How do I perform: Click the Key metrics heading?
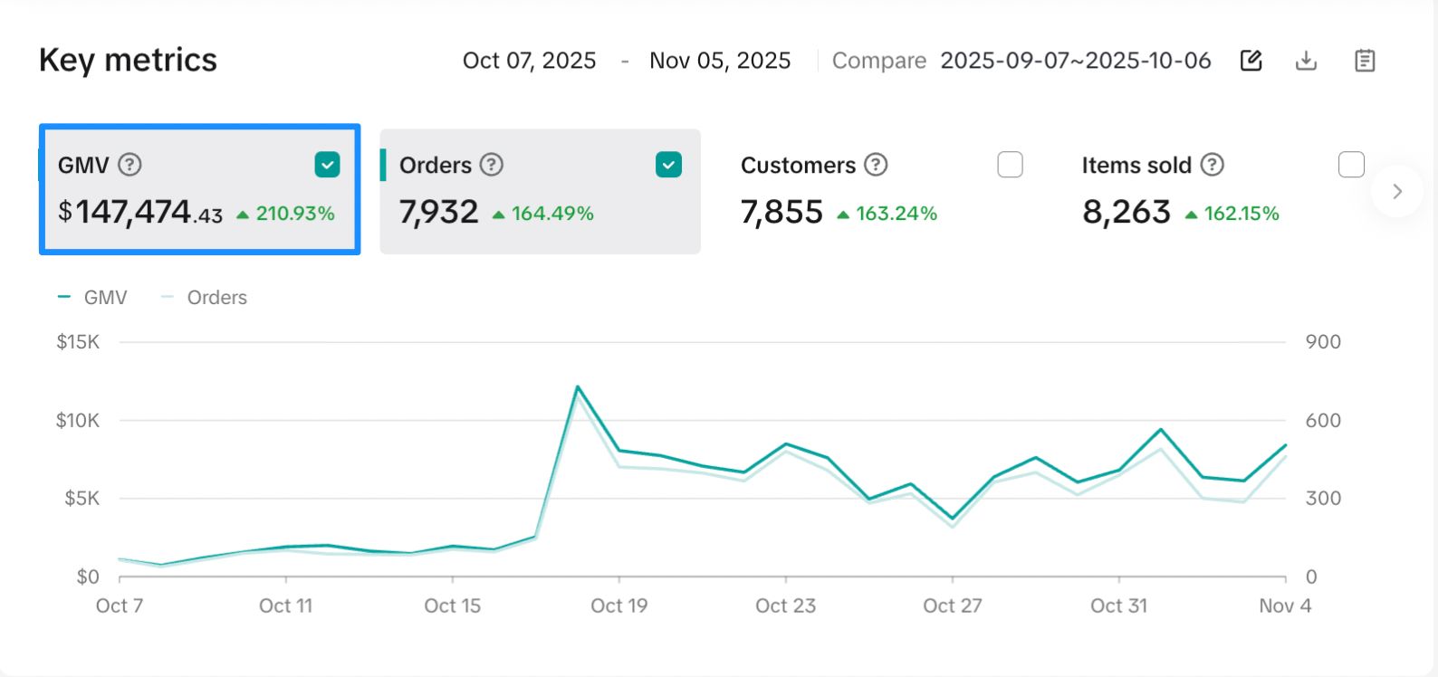pyautogui.click(x=128, y=60)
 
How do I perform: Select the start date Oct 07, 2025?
pyautogui.click(x=529, y=61)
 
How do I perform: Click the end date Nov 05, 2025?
pyautogui.click(x=720, y=61)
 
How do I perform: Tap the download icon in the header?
pyautogui.click(x=1306, y=61)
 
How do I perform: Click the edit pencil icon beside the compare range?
pyautogui.click(x=1251, y=61)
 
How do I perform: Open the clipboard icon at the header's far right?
pyautogui.click(x=1365, y=61)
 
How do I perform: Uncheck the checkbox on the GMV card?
pyautogui.click(x=327, y=165)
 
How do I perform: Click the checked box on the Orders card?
pyautogui.click(x=668, y=165)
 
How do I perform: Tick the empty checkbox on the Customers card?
pyautogui.click(x=1010, y=165)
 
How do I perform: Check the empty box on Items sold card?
pyautogui.click(x=1351, y=165)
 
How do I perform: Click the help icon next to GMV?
pyautogui.click(x=130, y=165)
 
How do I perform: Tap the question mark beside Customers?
pyautogui.click(x=876, y=165)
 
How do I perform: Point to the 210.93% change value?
pyautogui.click(x=295, y=214)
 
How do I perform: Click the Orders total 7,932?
pyautogui.click(x=438, y=213)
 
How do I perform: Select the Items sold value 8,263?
pyautogui.click(x=1126, y=213)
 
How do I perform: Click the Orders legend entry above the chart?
pyautogui.click(x=216, y=298)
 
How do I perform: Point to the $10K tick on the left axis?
pyautogui.click(x=77, y=420)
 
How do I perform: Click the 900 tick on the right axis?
pyautogui.click(x=1322, y=342)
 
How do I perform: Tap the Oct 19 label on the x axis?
pyautogui.click(x=618, y=605)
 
